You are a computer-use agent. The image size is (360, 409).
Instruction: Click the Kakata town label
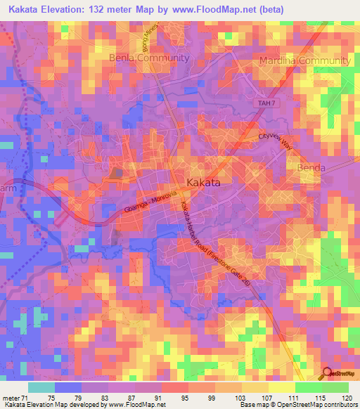coord(204,183)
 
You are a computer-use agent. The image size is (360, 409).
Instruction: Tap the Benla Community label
coord(149,58)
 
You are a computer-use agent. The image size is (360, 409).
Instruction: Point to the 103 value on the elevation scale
coord(240,398)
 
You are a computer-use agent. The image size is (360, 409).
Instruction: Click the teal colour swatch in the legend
coord(41,387)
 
